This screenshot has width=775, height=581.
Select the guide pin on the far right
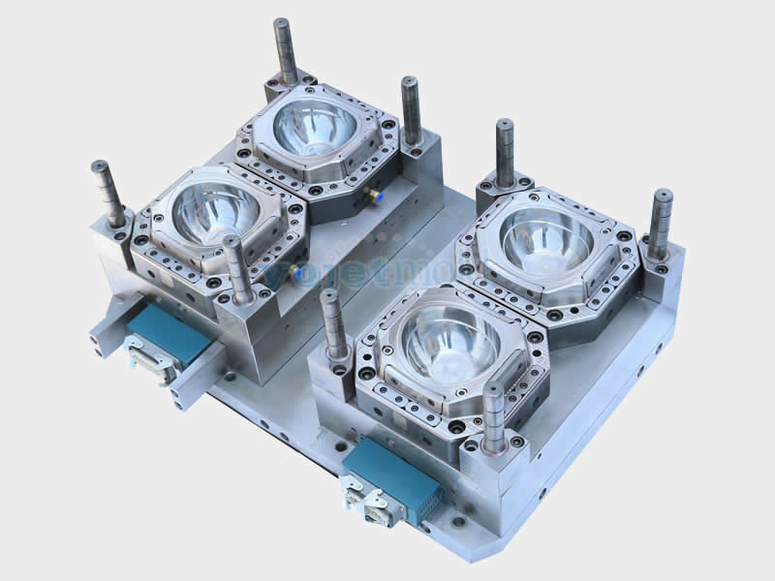[x=661, y=223]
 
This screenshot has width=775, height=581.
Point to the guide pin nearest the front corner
[x=494, y=416]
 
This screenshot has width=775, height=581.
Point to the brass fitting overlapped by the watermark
[x=295, y=271]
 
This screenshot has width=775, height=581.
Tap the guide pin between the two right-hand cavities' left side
[x=334, y=324]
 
